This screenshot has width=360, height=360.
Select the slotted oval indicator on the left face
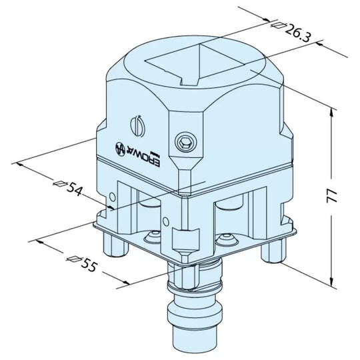136,124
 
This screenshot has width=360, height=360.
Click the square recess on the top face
197,66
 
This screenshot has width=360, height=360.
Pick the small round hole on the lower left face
112,195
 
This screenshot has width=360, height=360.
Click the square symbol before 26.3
277,25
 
